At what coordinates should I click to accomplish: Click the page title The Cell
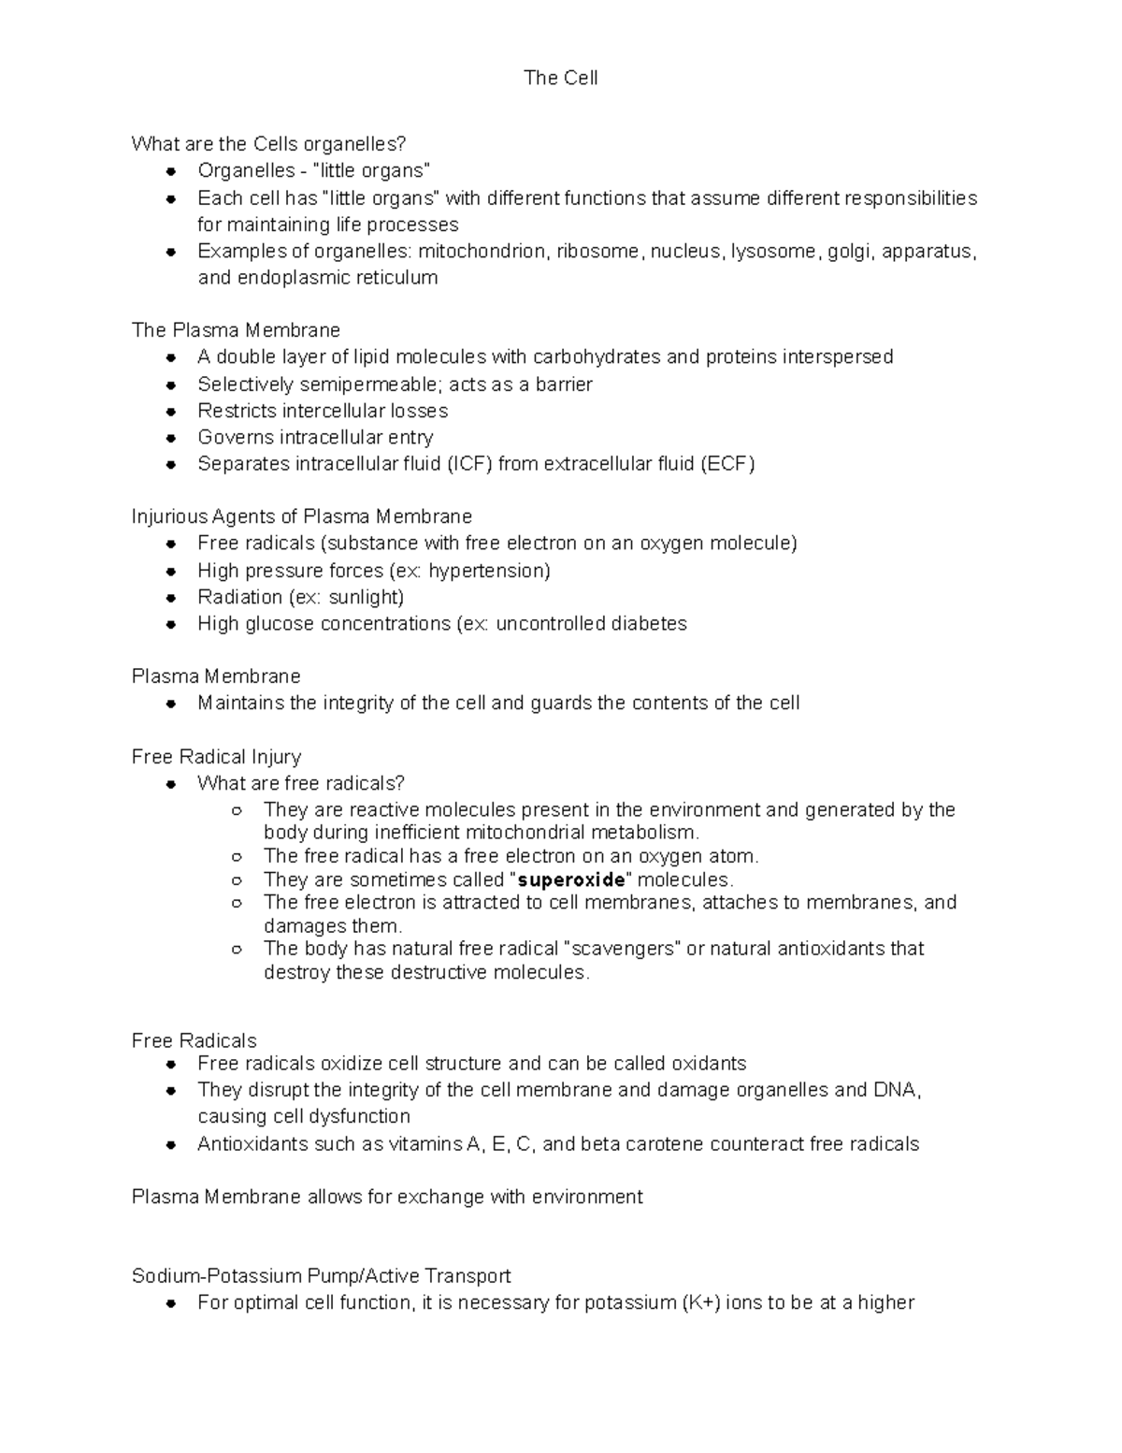point(560,79)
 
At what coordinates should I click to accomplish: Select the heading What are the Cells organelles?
point(268,144)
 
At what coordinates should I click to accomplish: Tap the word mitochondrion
point(481,252)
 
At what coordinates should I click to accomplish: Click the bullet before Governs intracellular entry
point(170,438)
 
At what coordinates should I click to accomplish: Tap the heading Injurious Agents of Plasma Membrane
point(301,517)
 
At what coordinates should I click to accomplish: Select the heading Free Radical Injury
point(216,757)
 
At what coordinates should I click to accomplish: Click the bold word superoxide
point(570,880)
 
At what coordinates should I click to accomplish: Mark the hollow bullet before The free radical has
point(237,857)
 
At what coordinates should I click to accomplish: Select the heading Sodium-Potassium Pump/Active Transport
point(321,1276)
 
